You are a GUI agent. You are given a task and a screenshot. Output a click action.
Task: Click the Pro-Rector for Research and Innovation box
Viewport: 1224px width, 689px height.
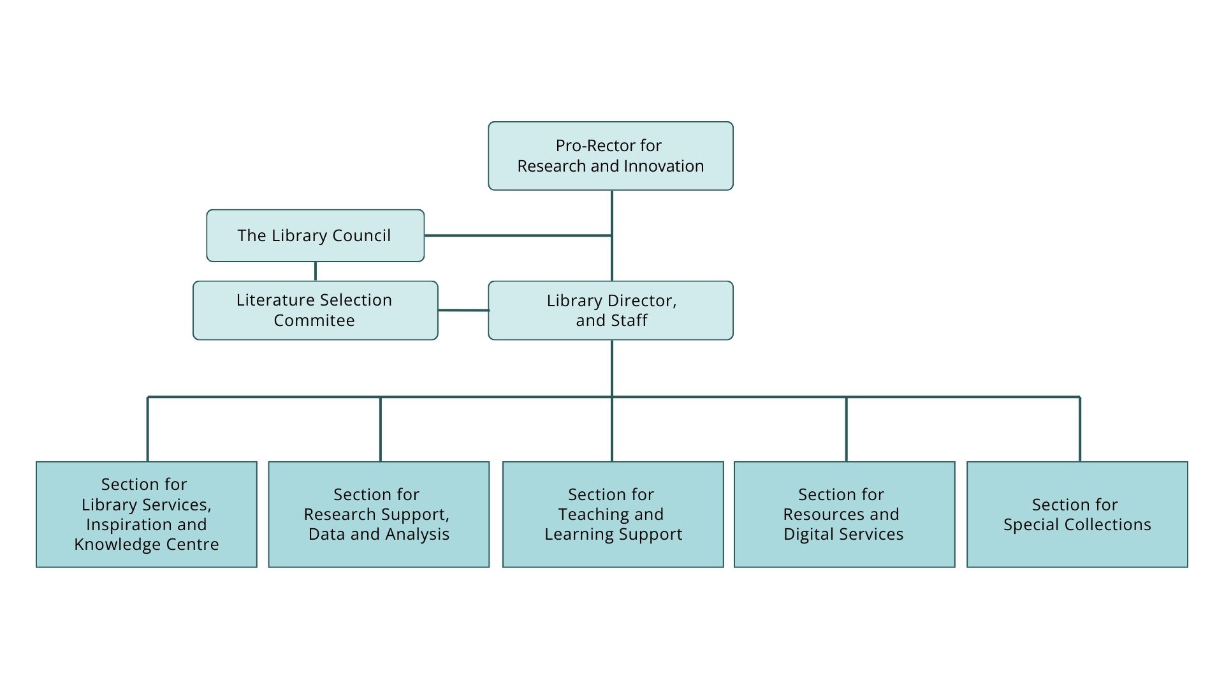coord(610,156)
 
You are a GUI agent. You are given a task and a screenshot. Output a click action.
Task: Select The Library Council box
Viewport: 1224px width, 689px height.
coord(315,235)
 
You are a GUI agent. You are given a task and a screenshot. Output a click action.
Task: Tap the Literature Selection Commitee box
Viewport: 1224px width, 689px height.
coord(315,310)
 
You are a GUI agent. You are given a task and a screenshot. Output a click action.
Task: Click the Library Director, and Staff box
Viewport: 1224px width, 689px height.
coord(610,310)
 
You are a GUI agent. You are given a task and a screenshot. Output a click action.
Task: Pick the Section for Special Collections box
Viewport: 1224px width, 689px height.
coord(1077,514)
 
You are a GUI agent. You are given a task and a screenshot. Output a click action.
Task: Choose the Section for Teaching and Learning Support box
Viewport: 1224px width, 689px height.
coord(613,514)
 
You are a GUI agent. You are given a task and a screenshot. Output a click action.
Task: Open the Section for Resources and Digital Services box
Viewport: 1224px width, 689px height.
coord(844,514)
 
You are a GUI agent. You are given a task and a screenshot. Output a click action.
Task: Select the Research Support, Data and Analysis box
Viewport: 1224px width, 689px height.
coord(379,514)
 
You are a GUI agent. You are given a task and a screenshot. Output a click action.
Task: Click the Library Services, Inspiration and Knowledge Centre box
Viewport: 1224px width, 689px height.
coord(146,514)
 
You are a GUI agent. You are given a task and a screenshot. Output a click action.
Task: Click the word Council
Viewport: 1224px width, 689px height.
coord(362,236)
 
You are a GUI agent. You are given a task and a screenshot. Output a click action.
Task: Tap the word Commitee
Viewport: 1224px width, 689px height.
coord(314,321)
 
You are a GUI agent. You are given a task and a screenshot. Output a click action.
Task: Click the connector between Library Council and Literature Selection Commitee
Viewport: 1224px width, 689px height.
coord(315,271)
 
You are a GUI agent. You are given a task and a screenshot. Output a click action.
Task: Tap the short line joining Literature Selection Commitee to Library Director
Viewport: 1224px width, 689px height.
coord(463,310)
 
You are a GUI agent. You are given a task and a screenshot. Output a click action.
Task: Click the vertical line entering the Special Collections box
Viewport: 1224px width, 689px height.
coord(1079,429)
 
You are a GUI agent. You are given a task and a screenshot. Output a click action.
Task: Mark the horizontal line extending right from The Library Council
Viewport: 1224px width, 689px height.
coord(517,235)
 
